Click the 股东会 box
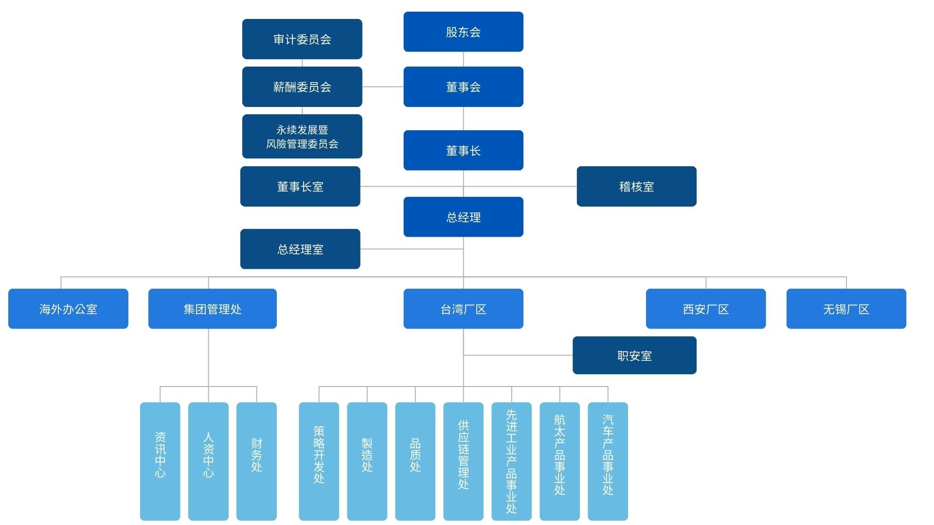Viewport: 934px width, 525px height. coord(463,32)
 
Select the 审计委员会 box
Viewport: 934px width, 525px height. coord(302,39)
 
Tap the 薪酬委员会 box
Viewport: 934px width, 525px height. coord(302,87)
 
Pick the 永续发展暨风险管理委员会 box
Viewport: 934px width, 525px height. coord(302,136)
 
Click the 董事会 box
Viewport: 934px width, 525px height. coord(463,87)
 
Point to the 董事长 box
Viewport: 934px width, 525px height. coord(463,150)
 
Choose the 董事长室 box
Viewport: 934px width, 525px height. coord(300,186)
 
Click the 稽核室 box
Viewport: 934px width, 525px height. coord(636,186)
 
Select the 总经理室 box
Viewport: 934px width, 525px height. coord(300,249)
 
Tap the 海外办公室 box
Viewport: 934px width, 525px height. coord(68,309)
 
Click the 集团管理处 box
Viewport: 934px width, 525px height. coord(212,309)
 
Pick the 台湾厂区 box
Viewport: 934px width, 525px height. coord(463,309)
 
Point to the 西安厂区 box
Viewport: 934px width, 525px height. coord(705,309)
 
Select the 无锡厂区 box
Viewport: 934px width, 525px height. coord(846,309)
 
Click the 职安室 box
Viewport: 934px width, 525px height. coord(634,355)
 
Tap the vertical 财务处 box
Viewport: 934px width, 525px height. coord(256,461)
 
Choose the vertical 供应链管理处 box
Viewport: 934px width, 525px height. coord(463,461)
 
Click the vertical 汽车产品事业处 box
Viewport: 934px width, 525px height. coord(608,461)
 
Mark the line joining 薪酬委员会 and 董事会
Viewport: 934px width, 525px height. coord(383,87)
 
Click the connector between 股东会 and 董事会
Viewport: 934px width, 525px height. coord(463,59)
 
